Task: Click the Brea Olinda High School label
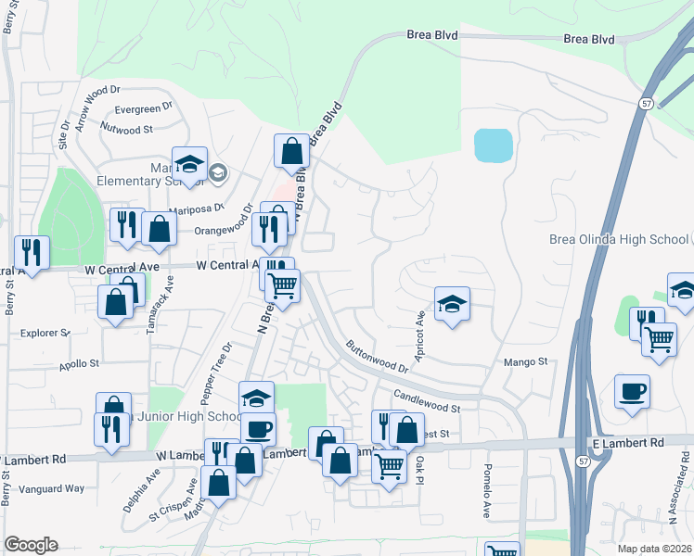619,239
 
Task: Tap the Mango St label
526,362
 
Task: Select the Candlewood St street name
426,401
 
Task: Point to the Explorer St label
45,333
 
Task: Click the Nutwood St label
126,129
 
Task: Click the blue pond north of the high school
493,145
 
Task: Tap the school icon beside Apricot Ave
452,304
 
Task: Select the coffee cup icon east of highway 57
632,391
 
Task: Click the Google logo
31,545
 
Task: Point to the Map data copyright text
655,549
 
